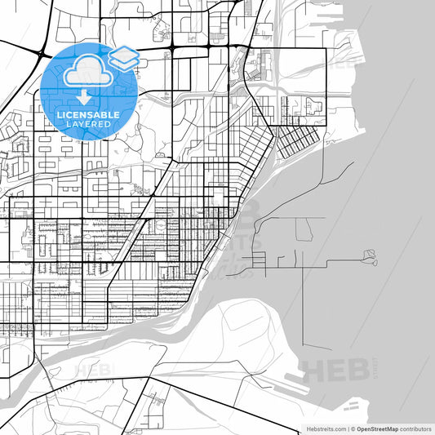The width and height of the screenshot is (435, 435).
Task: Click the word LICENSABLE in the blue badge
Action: point(88,115)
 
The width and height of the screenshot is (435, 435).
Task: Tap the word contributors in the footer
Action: point(413,428)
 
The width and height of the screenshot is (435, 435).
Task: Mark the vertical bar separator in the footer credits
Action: point(346,428)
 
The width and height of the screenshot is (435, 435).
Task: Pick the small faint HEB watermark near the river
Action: point(92,369)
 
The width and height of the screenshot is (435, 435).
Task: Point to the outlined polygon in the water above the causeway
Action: point(304,229)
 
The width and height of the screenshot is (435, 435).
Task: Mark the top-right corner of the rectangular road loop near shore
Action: point(326,50)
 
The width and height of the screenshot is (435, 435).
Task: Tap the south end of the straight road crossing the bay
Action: point(306,348)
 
